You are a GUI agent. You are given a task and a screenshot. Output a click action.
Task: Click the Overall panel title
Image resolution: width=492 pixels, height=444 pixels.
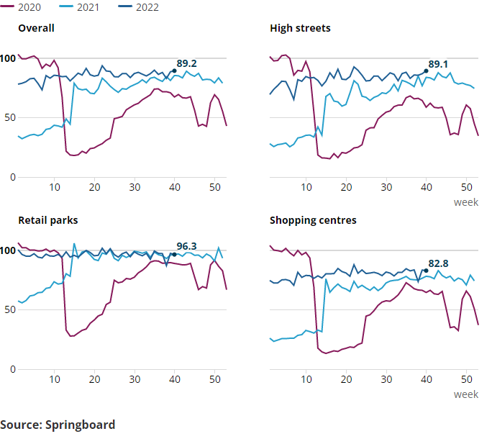point(36,29)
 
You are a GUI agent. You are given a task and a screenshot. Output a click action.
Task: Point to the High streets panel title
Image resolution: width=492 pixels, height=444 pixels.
point(300,29)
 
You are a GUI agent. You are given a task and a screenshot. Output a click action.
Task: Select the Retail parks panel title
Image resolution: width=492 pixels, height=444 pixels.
point(47,220)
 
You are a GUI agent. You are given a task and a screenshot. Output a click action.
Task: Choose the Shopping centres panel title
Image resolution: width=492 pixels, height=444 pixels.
point(313,220)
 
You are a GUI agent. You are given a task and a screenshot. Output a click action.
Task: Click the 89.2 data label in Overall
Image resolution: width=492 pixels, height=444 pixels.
point(187,63)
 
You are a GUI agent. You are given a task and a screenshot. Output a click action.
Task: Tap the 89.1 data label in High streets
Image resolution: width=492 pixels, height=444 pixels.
point(439,64)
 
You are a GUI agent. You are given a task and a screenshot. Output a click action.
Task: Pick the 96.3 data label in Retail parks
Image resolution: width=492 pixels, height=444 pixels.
point(187,246)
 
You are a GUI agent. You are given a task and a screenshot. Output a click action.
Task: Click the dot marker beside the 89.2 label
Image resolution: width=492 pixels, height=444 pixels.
point(174,71)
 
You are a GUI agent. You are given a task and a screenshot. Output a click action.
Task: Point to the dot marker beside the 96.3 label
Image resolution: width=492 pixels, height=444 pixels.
point(174,255)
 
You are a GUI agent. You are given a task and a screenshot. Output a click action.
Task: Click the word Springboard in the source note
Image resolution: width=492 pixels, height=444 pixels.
point(80,425)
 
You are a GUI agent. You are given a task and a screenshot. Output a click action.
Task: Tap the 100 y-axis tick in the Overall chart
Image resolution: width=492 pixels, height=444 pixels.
point(7,58)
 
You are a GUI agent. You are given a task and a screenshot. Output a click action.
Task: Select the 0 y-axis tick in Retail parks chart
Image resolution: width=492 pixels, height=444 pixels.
point(12,370)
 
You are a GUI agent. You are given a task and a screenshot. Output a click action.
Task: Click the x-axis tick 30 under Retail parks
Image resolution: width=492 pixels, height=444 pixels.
point(135,380)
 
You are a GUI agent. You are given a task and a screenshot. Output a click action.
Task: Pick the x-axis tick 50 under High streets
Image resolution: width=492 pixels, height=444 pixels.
point(466,188)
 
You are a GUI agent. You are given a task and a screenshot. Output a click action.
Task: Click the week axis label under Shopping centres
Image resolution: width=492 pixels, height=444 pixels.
point(465,394)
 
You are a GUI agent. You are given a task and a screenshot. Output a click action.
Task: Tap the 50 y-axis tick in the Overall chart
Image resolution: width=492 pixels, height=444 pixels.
point(9,118)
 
